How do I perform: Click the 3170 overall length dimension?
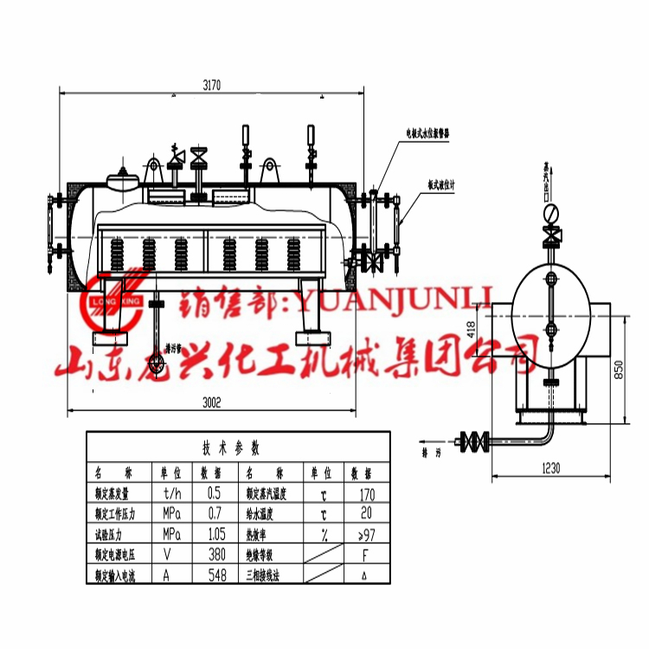[210, 85]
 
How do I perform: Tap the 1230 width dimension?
[551, 467]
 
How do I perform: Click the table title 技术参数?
[230, 448]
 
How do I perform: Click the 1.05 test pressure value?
[216, 533]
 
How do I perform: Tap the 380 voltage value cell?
[216, 554]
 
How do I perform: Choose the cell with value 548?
[216, 574]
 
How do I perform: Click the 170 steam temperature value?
[366, 494]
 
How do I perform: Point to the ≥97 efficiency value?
[365, 534]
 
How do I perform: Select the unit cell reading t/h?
[172, 493]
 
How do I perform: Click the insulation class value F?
[366, 554]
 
